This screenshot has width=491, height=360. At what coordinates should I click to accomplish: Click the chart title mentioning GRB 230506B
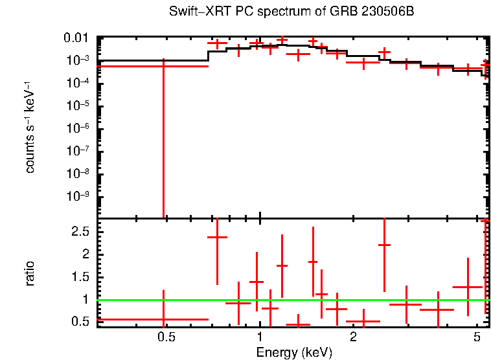click(291, 12)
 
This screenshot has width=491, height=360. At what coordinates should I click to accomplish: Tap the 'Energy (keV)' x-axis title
click(294, 352)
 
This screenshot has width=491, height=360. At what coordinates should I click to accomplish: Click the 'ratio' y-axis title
click(29, 273)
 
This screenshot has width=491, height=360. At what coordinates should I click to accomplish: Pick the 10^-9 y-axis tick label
click(78, 196)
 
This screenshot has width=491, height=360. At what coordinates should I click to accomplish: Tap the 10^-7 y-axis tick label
click(78, 151)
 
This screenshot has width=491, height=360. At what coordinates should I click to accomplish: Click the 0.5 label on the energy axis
click(166, 337)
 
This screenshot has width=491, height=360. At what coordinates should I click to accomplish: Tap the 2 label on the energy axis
click(353, 337)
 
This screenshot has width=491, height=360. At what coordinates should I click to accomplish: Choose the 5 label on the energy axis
click(477, 337)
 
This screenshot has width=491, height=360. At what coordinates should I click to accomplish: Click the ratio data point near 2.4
click(217, 237)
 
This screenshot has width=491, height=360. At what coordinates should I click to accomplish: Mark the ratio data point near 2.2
click(384, 245)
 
